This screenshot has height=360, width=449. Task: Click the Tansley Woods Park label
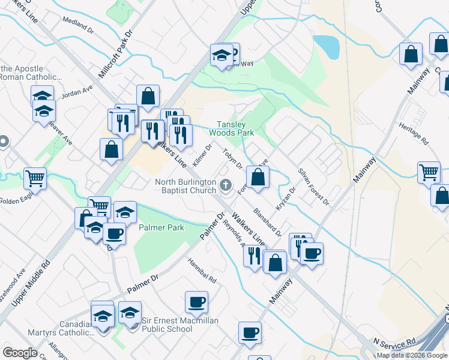pos(232,128)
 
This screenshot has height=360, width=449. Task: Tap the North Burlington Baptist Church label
pos(185,186)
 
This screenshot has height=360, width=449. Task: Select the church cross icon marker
pos(226,185)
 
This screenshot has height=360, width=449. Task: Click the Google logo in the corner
pos(20,353)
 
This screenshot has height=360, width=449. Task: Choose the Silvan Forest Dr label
pos(313,186)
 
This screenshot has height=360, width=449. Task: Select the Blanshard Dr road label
pos(267,222)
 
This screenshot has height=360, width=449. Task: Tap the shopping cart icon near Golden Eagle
pos(35,178)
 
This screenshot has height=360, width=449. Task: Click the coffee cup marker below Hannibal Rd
pos(196,301)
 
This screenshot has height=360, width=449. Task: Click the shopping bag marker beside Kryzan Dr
pos(258,177)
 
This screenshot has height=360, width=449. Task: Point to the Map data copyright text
pos(412,355)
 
